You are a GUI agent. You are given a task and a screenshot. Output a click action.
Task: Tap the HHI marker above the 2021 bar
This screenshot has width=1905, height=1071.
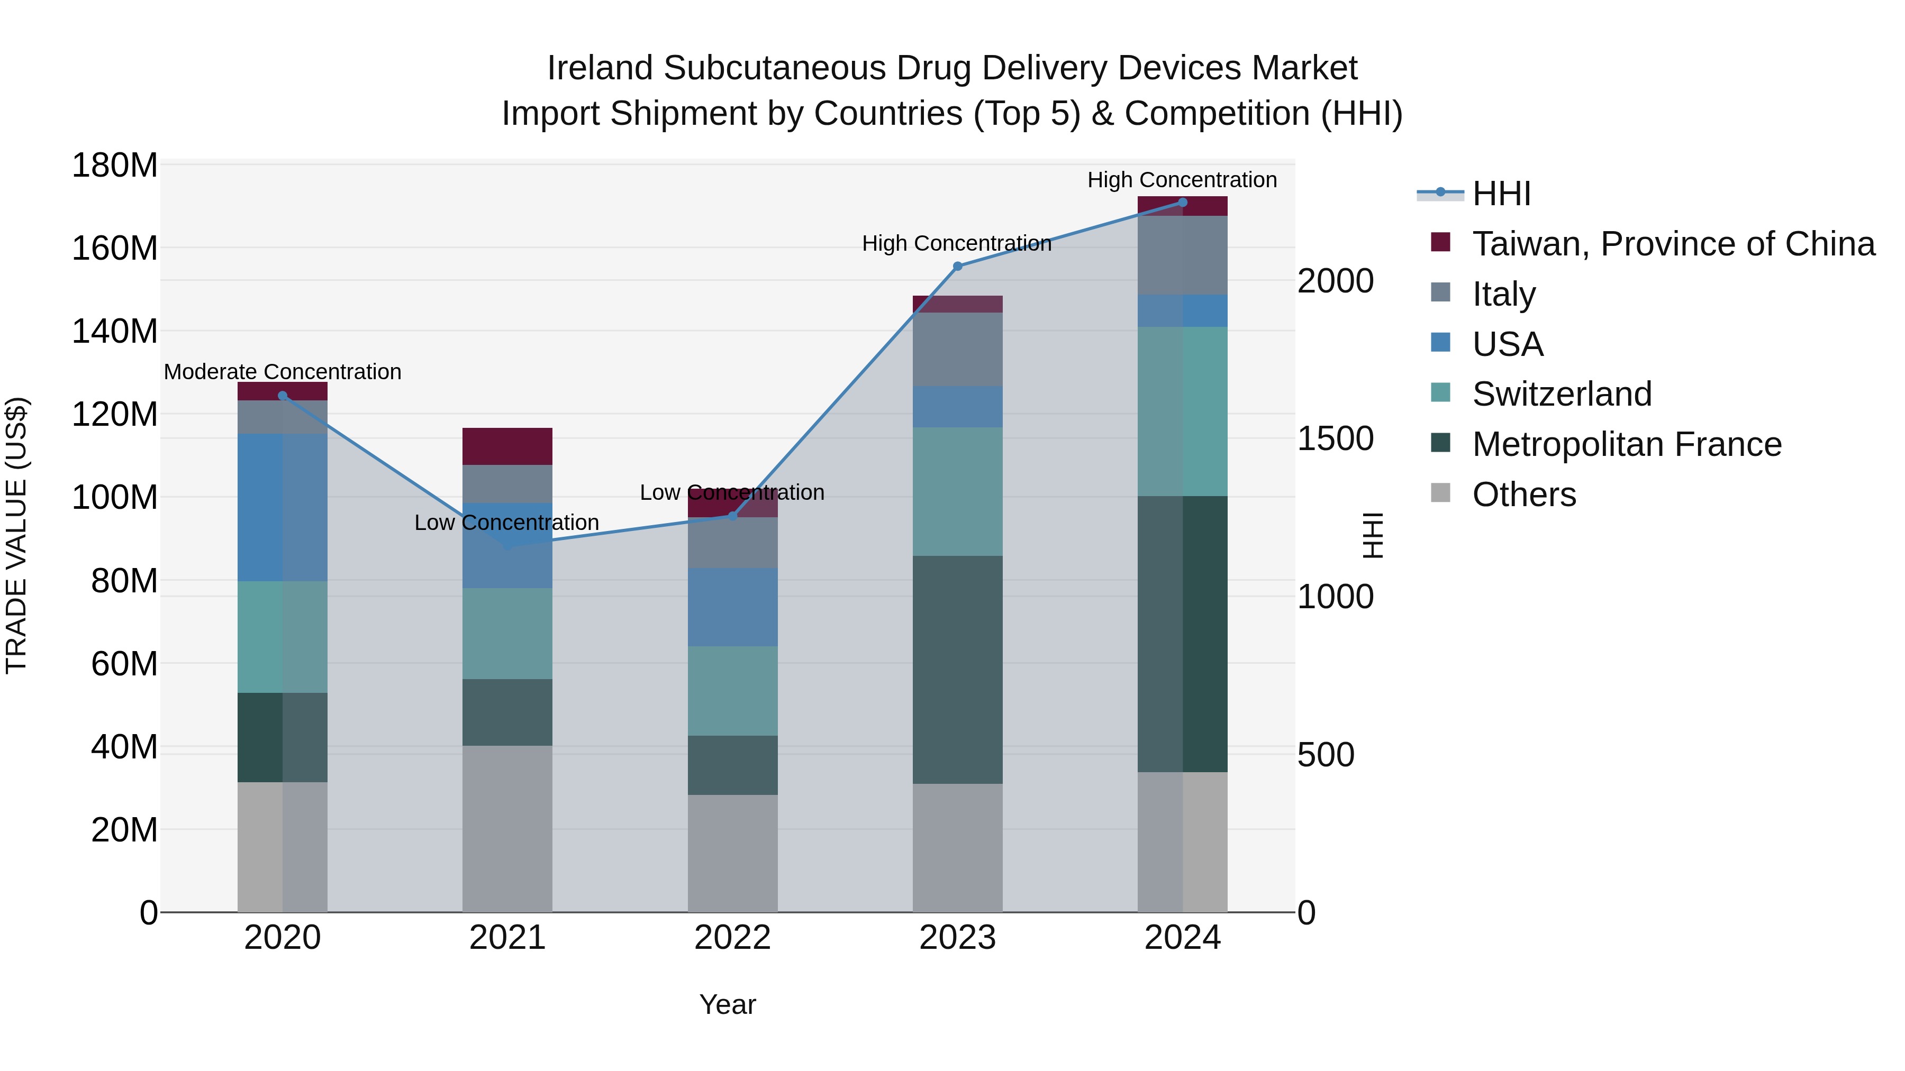point(507,545)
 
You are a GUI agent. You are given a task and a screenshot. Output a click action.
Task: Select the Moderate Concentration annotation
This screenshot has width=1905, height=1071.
point(283,372)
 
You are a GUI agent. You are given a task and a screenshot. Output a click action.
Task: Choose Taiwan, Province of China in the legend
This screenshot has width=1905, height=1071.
point(1673,244)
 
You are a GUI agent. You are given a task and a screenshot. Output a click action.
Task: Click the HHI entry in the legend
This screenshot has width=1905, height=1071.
point(1501,194)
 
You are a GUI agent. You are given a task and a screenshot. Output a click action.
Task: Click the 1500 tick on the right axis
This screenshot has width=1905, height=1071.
point(1336,438)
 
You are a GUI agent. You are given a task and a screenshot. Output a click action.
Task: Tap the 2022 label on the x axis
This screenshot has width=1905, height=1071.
point(732,938)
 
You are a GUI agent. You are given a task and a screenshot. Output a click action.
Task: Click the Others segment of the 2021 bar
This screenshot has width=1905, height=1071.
point(507,828)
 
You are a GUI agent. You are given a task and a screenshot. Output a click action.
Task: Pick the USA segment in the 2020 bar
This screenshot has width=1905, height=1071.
point(283,507)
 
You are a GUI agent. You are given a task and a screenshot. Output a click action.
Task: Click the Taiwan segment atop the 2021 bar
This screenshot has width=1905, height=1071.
point(507,446)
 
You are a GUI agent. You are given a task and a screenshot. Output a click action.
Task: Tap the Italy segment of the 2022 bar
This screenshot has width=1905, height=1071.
point(732,543)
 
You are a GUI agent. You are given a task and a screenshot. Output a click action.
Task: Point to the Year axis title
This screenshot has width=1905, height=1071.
point(728,1004)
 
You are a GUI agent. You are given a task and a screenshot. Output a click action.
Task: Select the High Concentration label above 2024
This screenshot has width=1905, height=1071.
point(1182,180)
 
